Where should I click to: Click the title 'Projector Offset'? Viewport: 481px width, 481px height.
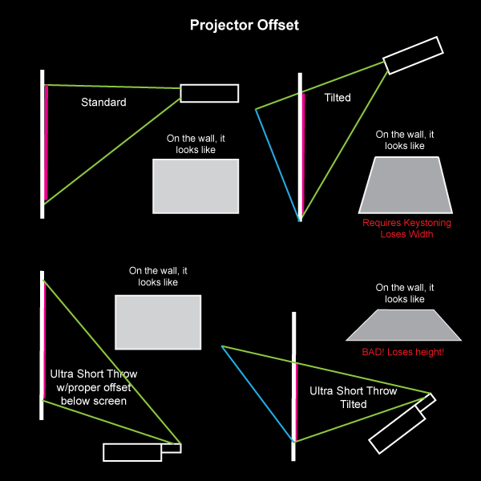pos(244,25)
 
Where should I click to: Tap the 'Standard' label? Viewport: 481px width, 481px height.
pos(103,103)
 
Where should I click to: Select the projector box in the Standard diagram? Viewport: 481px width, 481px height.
pos(208,93)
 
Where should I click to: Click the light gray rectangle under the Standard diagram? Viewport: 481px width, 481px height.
pos(196,186)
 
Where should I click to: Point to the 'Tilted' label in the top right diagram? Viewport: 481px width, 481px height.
pos(337,98)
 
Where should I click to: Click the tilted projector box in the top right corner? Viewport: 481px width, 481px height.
pos(413,55)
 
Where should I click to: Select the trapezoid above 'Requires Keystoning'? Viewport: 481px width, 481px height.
pos(405,185)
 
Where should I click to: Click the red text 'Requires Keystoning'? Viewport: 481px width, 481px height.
pos(406,223)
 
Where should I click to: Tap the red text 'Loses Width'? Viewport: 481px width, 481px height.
pos(406,234)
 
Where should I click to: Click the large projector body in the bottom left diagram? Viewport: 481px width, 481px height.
pos(132,452)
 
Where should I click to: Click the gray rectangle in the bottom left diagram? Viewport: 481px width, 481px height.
pos(158,322)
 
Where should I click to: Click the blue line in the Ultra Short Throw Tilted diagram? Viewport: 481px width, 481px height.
pos(257,393)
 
